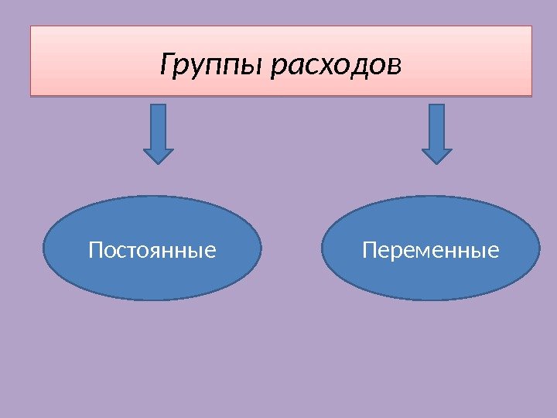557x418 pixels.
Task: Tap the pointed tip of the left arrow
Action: point(159,162)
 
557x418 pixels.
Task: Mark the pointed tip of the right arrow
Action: point(437,162)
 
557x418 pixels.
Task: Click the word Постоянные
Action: point(152,251)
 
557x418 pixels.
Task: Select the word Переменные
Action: point(430,251)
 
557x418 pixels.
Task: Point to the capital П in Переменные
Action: point(369,251)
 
